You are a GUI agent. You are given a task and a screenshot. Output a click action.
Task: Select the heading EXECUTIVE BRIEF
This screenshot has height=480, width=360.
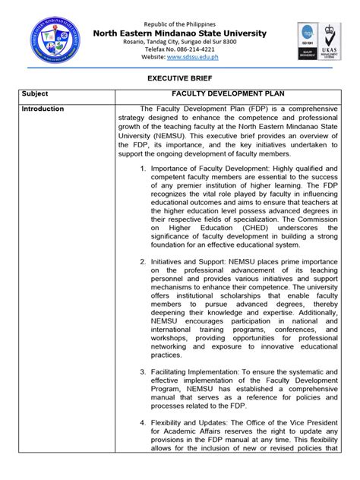pyautogui.click(x=180, y=77)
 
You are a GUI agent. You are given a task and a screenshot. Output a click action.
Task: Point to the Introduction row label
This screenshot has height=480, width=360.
pyautogui.click(x=43, y=109)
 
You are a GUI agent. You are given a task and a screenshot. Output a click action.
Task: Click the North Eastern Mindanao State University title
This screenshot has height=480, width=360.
pyautogui.click(x=180, y=33)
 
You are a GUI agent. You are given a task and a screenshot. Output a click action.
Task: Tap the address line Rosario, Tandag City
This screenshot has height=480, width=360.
pyautogui.click(x=180, y=42)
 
